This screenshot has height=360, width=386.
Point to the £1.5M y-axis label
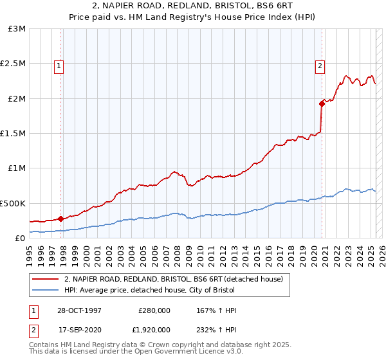point(14,134)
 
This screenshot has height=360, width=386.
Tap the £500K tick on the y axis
point(14,203)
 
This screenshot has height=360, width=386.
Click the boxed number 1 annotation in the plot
point(59,64)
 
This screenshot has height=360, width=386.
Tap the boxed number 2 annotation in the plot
point(320,64)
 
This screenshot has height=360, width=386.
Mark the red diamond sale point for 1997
point(61,219)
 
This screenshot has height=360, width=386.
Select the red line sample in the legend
point(46,279)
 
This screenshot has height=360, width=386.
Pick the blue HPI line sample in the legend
point(46,289)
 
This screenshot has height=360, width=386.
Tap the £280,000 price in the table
point(154,311)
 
